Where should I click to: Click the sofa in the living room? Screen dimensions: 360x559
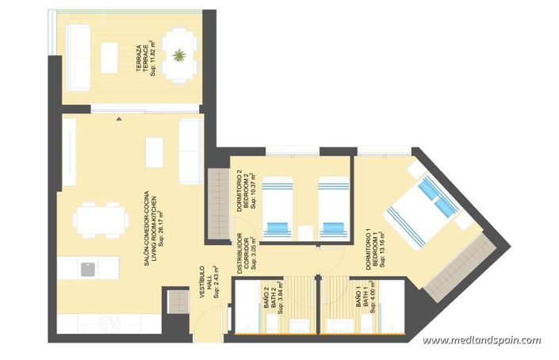click(190, 151)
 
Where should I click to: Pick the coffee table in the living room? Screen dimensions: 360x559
click(155, 151)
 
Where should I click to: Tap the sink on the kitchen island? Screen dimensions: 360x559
click(87, 270)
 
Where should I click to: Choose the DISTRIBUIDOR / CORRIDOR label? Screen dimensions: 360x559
click(246, 254)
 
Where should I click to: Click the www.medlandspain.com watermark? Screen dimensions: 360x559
click(481, 342)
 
